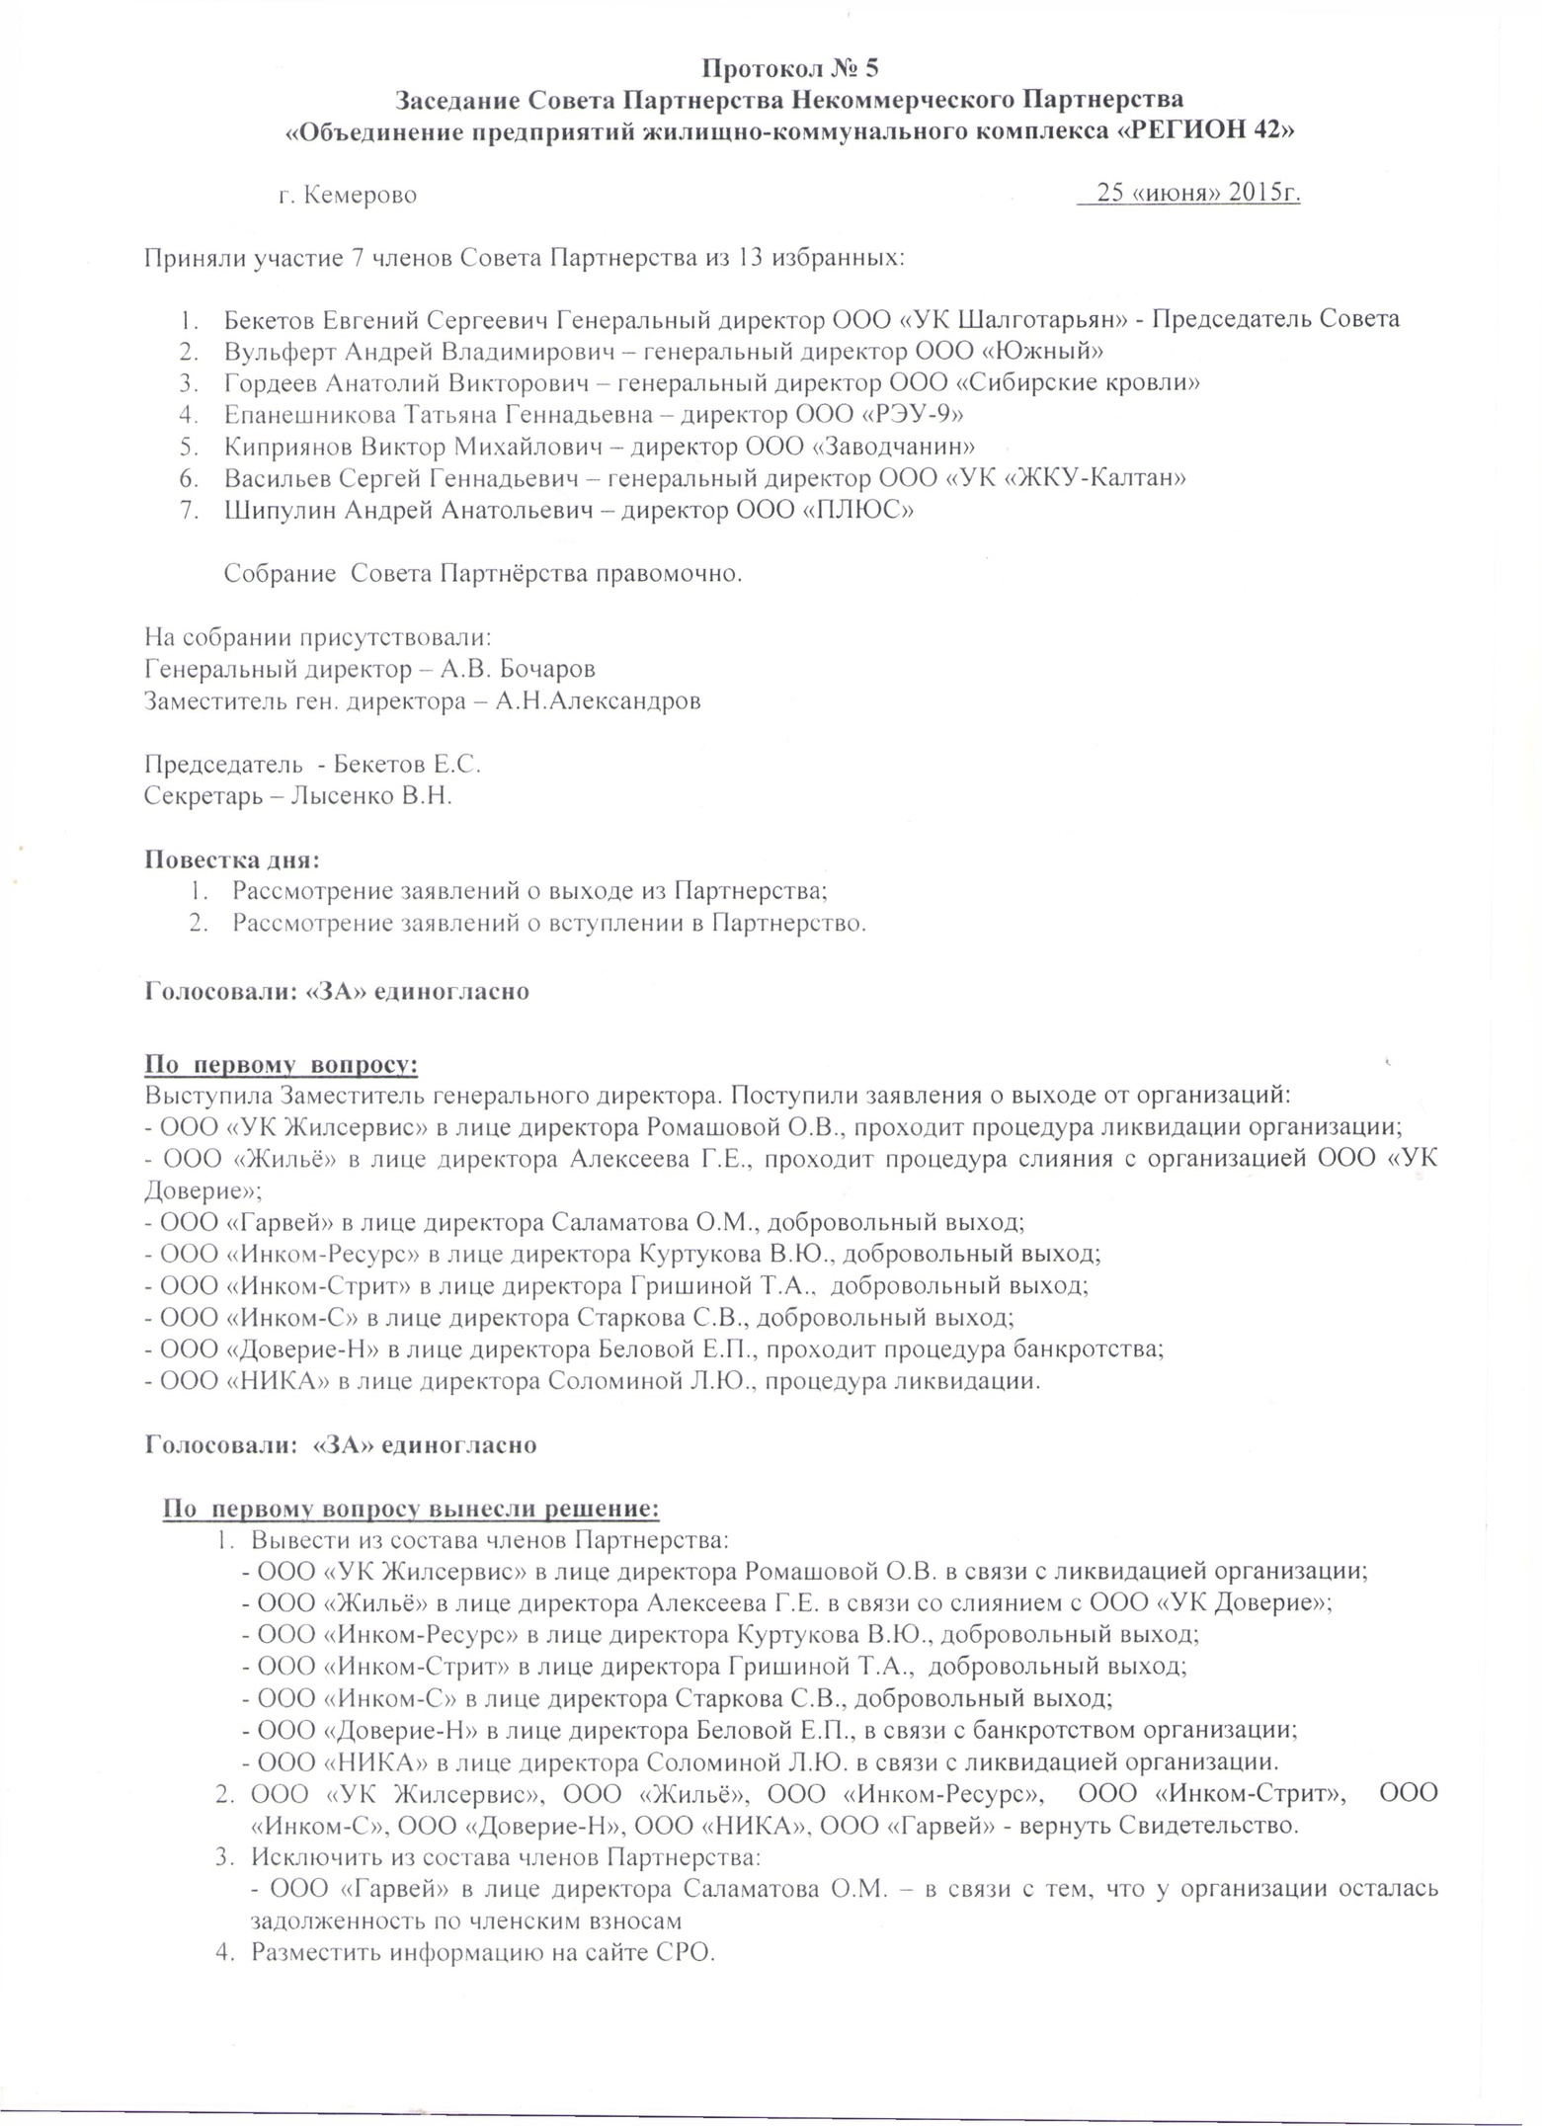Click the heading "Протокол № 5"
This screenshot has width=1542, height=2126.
click(789, 68)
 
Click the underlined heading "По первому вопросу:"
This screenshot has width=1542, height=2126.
click(282, 1065)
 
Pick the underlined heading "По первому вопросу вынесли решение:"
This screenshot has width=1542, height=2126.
click(411, 1509)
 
